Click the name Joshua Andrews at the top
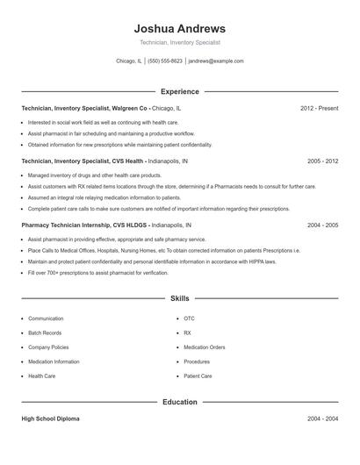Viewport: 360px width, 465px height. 179,29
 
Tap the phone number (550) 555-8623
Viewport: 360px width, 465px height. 165,61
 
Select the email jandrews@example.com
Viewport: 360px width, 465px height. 216,61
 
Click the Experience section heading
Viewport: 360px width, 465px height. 179,91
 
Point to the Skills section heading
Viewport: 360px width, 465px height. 179,298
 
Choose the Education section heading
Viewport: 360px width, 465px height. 179,402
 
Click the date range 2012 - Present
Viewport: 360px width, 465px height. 319,108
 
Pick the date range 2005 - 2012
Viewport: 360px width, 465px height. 322,161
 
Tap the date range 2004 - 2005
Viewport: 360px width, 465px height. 322,225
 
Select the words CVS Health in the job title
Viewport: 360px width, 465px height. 124,161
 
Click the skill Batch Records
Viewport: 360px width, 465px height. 45,333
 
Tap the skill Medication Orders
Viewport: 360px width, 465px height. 204,347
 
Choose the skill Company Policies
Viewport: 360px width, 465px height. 48,347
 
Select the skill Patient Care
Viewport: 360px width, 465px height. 198,376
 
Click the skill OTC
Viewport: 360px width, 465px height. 189,318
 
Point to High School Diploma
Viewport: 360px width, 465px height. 50,419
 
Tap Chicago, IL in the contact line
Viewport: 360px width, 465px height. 128,61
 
